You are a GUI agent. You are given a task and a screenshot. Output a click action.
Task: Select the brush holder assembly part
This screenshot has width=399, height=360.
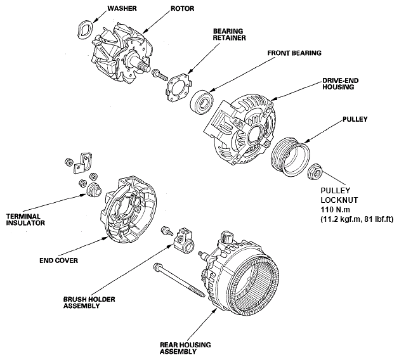[186, 239]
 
